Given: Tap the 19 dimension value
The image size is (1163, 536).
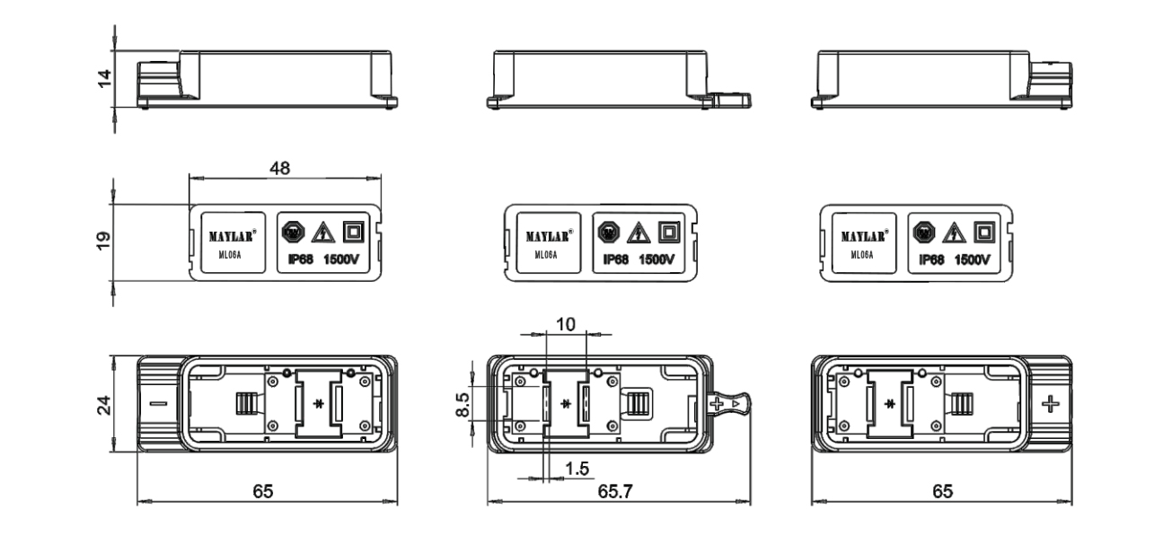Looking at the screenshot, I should click(x=104, y=240).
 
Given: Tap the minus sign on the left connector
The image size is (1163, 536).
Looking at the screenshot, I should click(x=158, y=404).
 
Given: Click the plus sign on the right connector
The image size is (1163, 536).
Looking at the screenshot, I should click(x=1050, y=404).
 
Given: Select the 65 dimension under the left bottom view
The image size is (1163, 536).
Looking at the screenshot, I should click(x=262, y=493).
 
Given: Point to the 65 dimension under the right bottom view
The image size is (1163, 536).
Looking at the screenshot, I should click(x=940, y=493).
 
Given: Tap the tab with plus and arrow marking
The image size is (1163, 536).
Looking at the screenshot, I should click(x=727, y=405).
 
